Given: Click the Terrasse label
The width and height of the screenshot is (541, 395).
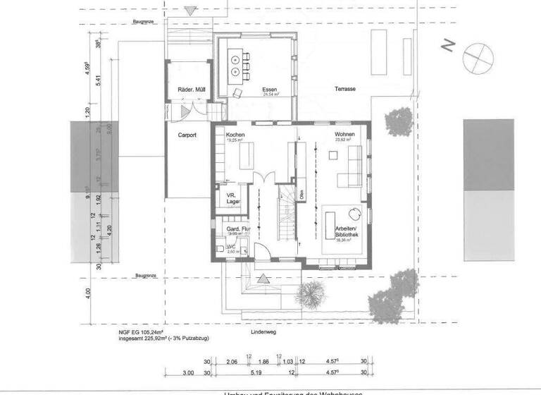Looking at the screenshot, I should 344,90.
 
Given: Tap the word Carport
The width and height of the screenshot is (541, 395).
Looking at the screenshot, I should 187,134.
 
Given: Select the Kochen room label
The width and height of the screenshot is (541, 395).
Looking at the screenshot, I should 235,134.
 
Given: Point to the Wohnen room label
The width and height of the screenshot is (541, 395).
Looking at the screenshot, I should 344,134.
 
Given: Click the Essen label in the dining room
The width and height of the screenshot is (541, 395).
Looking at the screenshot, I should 268,90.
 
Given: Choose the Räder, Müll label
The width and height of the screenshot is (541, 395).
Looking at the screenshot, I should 188,90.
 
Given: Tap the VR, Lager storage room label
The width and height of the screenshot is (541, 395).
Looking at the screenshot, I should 234,199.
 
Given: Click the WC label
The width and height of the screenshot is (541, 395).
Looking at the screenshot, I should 230,247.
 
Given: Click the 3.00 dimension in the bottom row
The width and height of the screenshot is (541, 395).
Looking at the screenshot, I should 188,372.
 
